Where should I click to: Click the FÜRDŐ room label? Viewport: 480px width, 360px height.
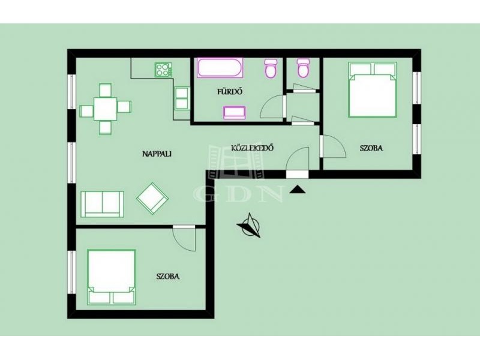230,92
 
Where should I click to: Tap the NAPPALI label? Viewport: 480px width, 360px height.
157,154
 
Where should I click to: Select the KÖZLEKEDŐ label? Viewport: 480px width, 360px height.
252,148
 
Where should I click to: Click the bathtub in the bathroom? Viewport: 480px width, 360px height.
220,68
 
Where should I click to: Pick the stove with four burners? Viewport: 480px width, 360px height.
163,70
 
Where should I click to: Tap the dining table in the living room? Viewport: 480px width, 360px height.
106,109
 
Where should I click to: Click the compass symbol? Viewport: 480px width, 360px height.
250,226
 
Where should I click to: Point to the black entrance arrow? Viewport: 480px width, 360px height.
298,190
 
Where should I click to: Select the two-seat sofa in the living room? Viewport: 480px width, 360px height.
102,204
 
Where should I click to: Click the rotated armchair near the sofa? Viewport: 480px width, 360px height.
152,199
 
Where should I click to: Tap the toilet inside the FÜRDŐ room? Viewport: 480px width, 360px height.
271,68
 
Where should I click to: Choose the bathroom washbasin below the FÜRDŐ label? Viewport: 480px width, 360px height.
235,113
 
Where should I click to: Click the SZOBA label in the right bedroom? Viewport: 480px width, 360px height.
371,148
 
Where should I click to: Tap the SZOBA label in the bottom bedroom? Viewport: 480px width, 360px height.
168,277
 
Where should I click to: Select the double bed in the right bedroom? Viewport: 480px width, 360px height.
372,89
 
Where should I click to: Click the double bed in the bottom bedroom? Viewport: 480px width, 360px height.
112,277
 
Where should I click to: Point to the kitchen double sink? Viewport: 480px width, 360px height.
182,98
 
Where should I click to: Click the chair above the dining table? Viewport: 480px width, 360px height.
106,89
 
